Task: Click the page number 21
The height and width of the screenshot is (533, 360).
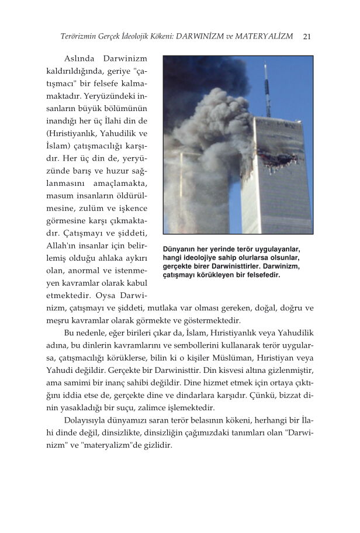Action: coord(307,36)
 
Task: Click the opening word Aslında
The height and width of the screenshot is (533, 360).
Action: coord(79,59)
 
